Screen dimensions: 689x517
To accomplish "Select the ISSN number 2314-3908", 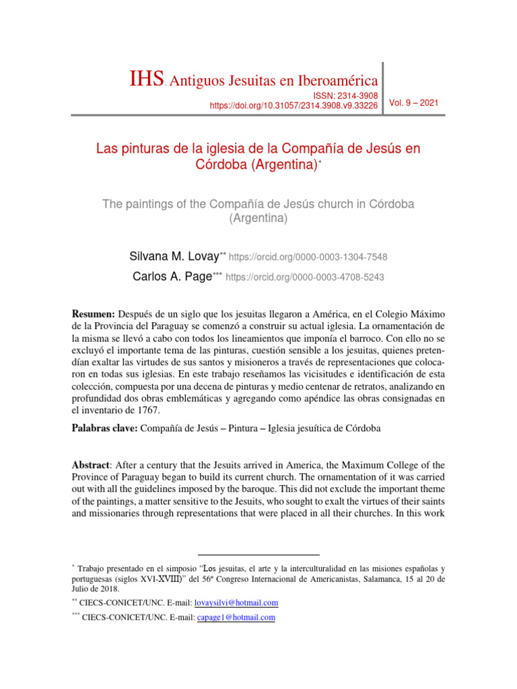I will (355, 96).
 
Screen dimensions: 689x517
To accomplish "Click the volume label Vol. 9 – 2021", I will (413, 103).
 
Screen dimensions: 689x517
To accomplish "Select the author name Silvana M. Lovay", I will (174, 256).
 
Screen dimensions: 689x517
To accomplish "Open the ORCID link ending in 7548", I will (308, 257).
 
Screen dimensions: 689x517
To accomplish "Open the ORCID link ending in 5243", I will (304, 277).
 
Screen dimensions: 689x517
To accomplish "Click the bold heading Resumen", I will (94, 315).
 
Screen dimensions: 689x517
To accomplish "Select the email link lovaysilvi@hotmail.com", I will (236, 603).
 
